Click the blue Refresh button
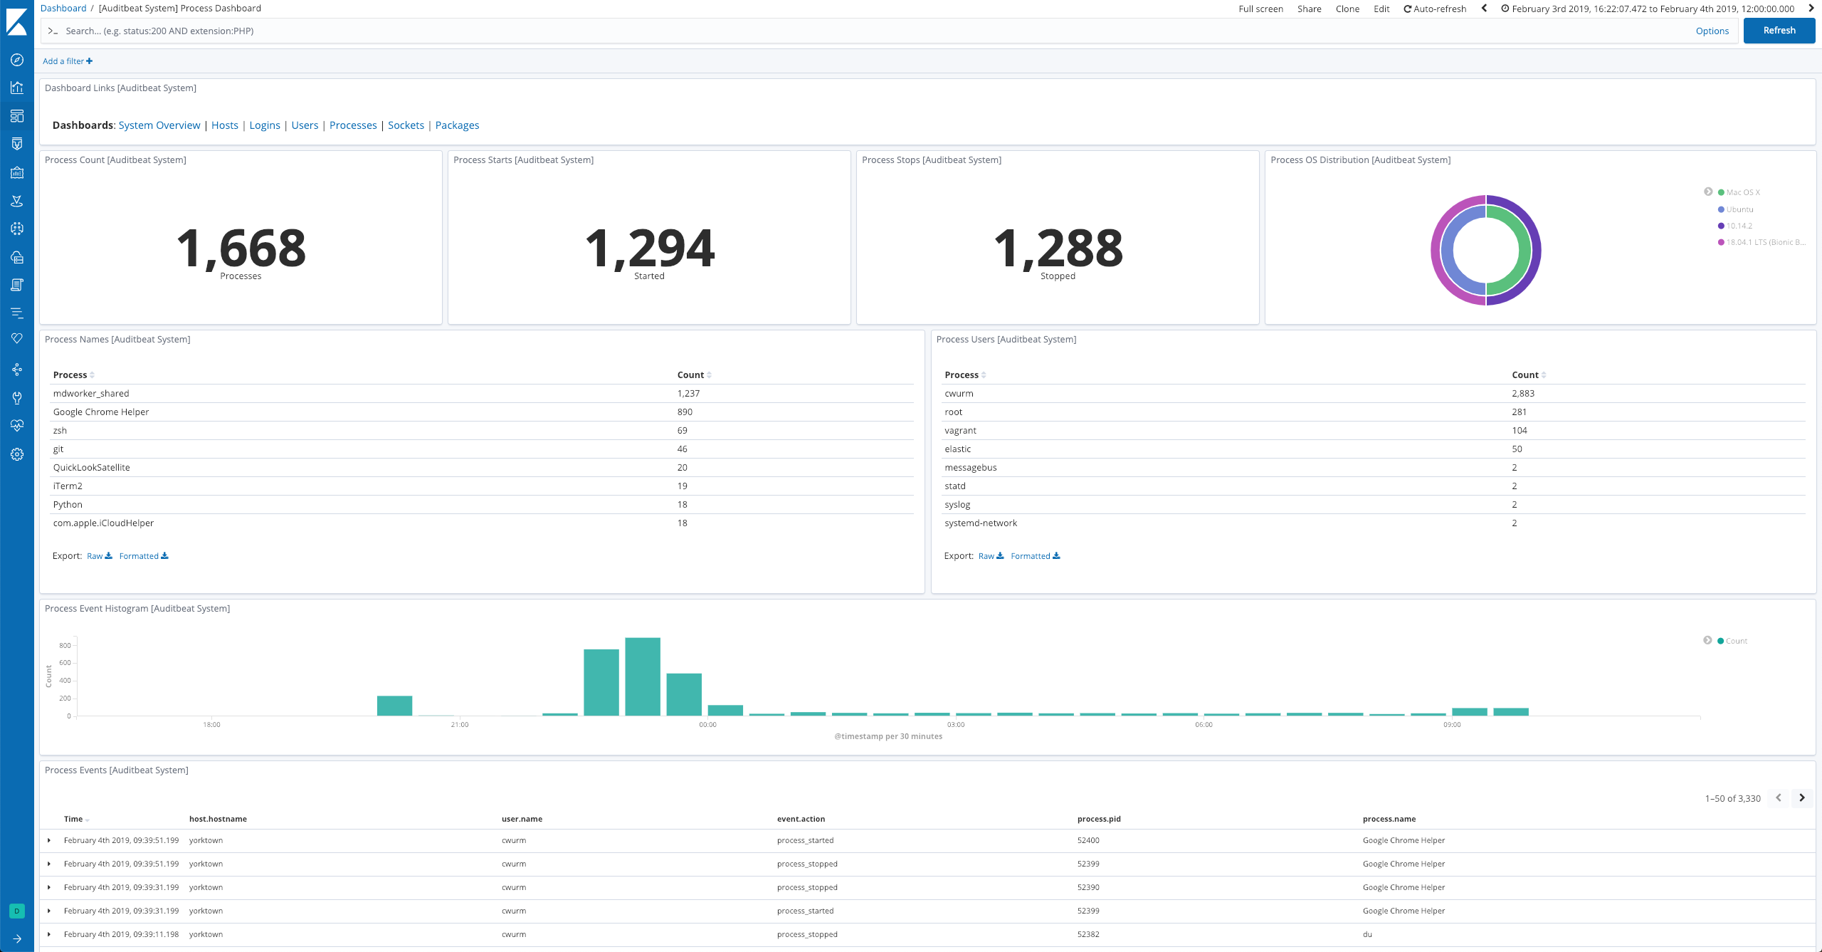tap(1779, 31)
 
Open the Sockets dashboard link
tap(406, 125)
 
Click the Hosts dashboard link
tap(224, 125)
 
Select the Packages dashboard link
tap(457, 125)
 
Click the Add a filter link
tap(67, 61)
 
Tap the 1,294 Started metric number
tap(649, 249)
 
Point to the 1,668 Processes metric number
tap(241, 249)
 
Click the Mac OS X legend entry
tap(1742, 192)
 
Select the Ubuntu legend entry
tap(1739, 209)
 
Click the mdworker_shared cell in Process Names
tap(91, 394)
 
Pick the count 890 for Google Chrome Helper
tap(685, 412)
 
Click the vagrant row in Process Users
tap(960, 431)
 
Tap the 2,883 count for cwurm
tap(1523, 394)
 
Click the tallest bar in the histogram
tap(643, 676)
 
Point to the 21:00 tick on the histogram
tap(460, 724)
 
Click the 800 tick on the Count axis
tap(65, 646)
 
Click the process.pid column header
tap(1099, 819)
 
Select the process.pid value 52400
tap(1088, 840)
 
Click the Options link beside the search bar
tap(1712, 31)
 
